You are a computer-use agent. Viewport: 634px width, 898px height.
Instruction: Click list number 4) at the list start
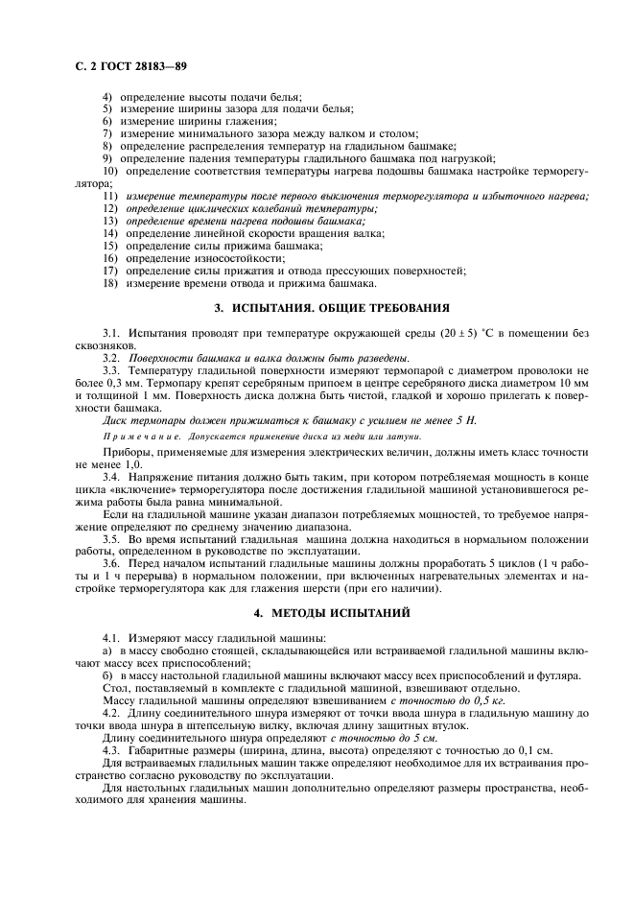108,97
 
